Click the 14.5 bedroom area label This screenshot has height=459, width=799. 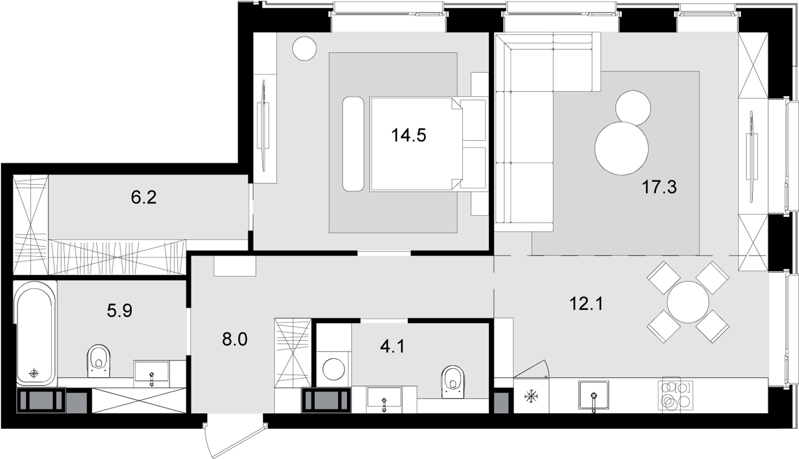(409, 135)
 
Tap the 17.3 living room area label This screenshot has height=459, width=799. (659, 187)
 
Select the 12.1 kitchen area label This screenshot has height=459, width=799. (586, 304)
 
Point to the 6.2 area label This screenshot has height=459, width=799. (144, 198)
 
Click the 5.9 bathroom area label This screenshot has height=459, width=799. (119, 311)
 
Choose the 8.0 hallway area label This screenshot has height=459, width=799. (235, 339)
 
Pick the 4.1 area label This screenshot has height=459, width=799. (393, 347)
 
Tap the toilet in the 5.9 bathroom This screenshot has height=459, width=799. (98, 360)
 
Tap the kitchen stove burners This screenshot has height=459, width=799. (677, 395)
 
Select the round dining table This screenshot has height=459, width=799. (688, 302)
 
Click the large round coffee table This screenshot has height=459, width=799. (621, 148)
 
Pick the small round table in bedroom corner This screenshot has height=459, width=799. (304, 48)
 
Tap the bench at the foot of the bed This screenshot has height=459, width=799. (353, 144)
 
